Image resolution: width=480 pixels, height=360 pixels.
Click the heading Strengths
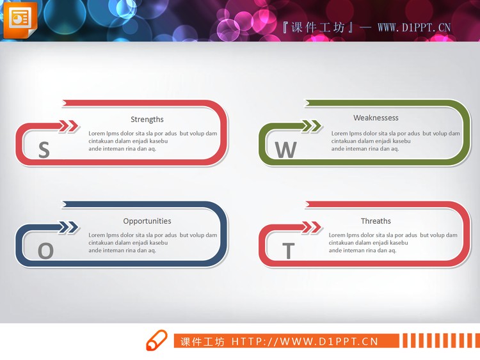tap(147, 120)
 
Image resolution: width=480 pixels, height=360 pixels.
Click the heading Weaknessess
tap(376, 118)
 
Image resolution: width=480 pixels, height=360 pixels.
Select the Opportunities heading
tap(147, 221)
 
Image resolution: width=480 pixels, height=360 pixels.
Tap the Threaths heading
tap(376, 221)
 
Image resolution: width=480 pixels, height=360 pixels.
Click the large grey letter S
tap(44, 150)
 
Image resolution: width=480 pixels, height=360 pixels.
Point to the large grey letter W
tap(285, 150)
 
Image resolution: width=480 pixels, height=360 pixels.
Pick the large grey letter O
tap(45, 251)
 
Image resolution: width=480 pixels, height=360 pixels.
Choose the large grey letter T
tap(288, 251)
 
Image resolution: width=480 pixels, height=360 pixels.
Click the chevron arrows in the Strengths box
tap(69, 126)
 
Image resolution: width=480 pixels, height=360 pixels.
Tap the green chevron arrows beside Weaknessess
tap(312, 126)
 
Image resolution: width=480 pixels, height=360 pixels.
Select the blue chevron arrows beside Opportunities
tap(69, 227)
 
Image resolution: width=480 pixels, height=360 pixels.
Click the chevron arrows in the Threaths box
tap(312, 227)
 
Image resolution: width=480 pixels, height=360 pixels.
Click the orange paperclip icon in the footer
tap(156, 341)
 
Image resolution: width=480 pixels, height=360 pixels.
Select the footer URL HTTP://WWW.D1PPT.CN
tap(305, 341)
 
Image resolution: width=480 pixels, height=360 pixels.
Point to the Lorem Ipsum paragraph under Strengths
tap(153, 141)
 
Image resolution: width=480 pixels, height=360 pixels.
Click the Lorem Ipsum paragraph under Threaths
tap(393, 243)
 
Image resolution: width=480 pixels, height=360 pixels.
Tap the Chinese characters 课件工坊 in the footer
tap(202, 341)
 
